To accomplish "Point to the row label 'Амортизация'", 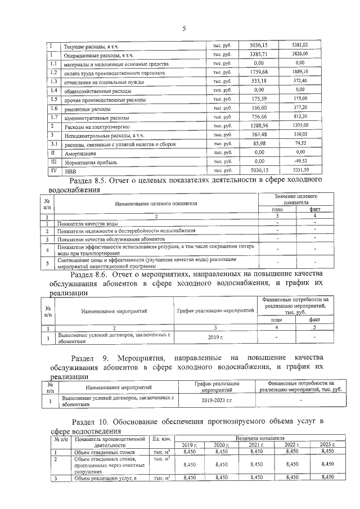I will point(79,154).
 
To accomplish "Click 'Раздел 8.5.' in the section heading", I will point(91,181).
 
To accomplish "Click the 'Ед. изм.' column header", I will point(161,438).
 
